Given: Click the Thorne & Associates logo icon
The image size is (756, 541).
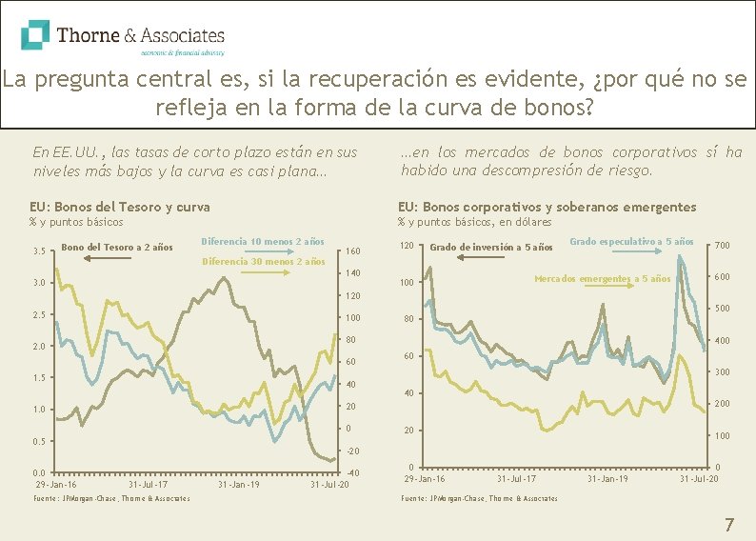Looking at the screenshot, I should point(35,35).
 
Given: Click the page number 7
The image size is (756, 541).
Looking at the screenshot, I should point(729,524).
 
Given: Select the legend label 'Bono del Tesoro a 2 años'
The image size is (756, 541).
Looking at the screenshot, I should point(116,249).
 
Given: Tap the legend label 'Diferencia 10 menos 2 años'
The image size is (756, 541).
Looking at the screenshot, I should point(263,241).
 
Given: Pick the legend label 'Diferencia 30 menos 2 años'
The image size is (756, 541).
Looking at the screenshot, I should point(263,261).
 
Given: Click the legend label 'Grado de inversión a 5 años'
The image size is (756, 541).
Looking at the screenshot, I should point(491,248).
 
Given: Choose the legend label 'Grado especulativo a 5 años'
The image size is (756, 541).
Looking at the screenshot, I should point(631,241).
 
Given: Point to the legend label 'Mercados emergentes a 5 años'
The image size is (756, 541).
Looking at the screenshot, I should point(602,279).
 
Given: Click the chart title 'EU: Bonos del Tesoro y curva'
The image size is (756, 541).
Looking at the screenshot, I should point(119,207).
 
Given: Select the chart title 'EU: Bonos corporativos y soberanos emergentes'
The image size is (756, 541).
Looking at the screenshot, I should point(547,207).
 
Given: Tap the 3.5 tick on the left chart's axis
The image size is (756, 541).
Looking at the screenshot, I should point(39,252).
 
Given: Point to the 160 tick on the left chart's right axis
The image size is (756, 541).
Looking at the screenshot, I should point(352,252).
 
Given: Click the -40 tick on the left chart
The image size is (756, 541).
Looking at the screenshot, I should point(352,473).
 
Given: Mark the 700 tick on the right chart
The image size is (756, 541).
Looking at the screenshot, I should point(723,247).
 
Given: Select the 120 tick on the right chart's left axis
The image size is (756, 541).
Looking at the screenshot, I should point(408,247).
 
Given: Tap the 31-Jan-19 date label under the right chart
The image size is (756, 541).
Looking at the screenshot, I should point(607,478).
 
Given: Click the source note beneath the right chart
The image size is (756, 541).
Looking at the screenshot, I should point(479,498).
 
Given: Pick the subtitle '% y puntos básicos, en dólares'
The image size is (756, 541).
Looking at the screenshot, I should point(474,222).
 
